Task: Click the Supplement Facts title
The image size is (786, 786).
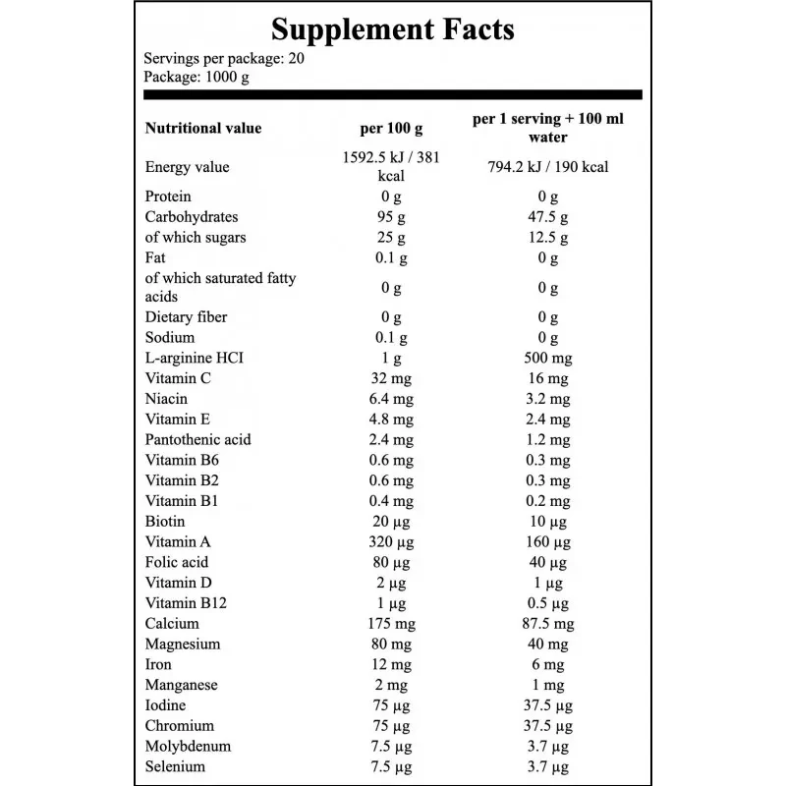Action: click(392, 29)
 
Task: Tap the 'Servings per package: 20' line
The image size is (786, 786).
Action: click(224, 59)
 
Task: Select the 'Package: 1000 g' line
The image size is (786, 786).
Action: click(196, 78)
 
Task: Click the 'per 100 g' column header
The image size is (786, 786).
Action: click(391, 129)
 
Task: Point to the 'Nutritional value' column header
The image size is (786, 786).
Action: click(203, 128)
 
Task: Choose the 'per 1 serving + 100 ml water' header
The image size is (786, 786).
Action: click(548, 128)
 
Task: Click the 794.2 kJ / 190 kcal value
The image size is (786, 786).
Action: click(548, 167)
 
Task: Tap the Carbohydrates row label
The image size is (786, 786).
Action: click(192, 217)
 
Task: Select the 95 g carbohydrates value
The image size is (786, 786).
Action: click(391, 217)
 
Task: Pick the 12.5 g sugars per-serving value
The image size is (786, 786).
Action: click(548, 238)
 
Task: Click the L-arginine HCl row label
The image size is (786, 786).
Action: click(194, 358)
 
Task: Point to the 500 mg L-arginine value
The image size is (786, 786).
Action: click(548, 358)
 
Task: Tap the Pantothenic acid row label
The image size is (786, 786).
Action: click(198, 439)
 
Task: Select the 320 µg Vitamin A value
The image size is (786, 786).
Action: click(391, 542)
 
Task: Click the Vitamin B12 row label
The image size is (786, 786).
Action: click(186, 603)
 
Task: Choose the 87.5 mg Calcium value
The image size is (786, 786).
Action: click(548, 624)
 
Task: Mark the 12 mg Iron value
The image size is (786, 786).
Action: click(391, 665)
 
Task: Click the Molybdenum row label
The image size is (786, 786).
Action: click(188, 747)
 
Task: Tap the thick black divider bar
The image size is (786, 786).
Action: click(392, 94)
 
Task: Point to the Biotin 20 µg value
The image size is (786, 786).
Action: click(391, 522)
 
